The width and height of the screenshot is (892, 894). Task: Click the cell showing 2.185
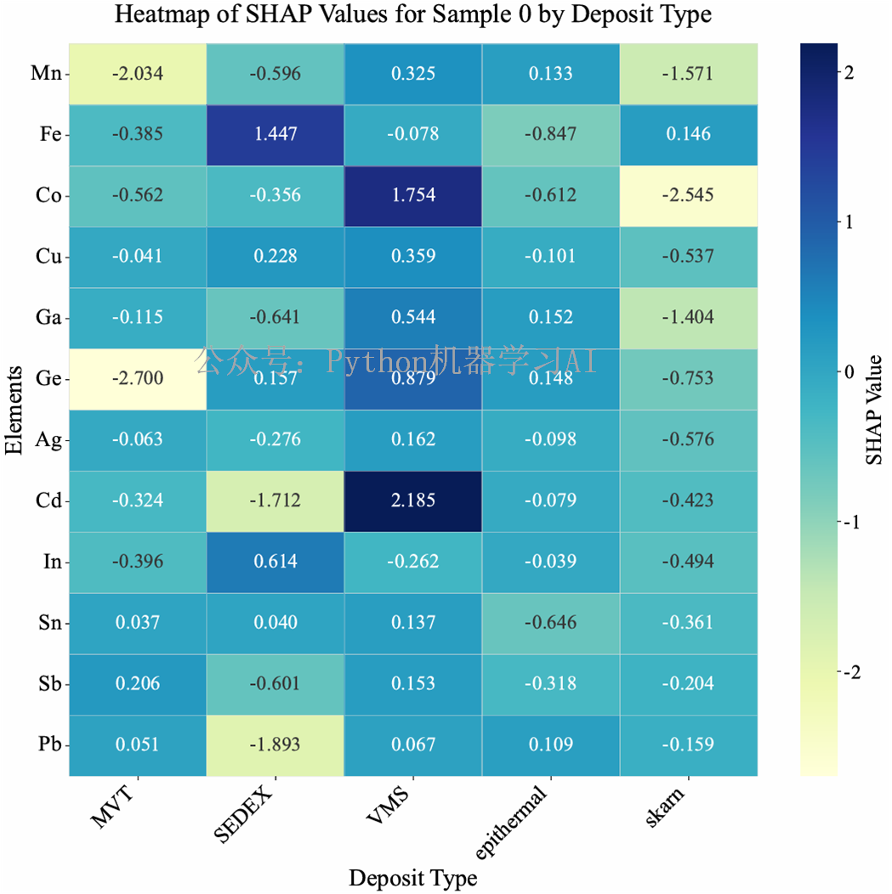point(413,501)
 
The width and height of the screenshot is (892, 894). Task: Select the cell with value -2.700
point(137,378)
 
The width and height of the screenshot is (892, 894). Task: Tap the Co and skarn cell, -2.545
point(689,195)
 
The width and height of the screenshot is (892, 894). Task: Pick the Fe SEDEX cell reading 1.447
point(275,133)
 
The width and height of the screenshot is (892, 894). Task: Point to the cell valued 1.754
point(413,195)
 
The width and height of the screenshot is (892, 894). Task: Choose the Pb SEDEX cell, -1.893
point(275,745)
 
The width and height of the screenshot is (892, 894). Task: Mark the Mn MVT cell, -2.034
point(137,72)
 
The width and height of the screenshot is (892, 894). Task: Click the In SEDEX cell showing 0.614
point(275,562)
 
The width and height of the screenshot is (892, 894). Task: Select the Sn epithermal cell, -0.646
point(551,623)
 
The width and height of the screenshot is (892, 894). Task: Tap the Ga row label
point(48,317)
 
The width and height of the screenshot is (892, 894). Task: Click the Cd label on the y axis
point(48,501)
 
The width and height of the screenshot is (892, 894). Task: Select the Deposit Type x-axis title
point(413,877)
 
